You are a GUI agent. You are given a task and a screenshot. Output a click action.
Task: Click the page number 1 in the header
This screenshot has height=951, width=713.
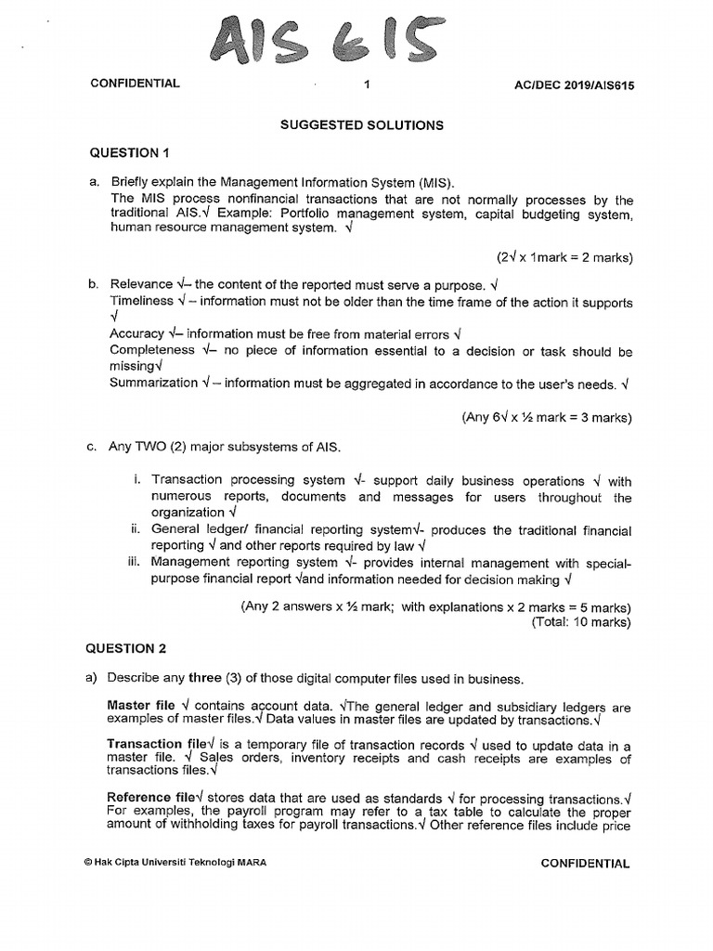[x=368, y=84]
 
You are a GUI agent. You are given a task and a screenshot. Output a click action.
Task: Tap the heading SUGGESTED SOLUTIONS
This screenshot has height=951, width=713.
[x=362, y=124]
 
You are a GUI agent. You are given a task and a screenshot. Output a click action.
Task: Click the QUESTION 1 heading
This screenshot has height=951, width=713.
[x=131, y=153]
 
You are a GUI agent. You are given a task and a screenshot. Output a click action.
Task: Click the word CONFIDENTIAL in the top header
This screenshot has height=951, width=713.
[x=135, y=84]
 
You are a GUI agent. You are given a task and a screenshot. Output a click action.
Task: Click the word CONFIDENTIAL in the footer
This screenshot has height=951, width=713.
[x=585, y=863]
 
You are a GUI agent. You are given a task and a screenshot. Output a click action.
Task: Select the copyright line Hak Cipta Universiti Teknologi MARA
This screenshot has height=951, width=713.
[x=175, y=863]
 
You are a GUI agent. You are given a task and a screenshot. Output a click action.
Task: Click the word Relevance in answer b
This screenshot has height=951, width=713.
[x=141, y=284]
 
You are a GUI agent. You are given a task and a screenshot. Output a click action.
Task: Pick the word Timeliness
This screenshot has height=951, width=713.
[x=141, y=301]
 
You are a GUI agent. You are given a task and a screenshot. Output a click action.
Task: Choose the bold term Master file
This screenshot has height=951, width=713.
[x=141, y=705]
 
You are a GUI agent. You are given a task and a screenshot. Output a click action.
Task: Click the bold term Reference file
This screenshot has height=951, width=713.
[x=151, y=798]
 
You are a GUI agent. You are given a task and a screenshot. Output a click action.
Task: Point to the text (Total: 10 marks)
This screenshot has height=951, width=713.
[x=581, y=622]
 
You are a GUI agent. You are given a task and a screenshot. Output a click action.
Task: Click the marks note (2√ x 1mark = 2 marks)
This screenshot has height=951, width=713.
[x=564, y=257]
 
